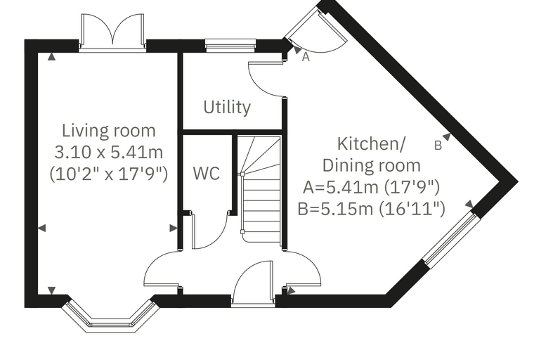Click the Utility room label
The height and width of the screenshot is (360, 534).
click(x=227, y=108)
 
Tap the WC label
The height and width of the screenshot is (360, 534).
click(x=207, y=173)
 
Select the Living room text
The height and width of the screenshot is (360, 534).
click(x=109, y=131)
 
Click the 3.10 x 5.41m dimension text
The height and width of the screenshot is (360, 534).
click(x=109, y=152)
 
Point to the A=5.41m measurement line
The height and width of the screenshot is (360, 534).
click(x=371, y=187)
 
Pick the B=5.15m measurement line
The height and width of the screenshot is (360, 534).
click(x=371, y=209)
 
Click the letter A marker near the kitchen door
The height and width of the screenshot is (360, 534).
click(x=306, y=57)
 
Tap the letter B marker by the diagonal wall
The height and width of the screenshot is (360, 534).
click(x=438, y=146)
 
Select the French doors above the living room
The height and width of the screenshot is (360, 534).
click(x=112, y=33)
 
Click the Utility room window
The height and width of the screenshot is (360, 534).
click(x=230, y=46)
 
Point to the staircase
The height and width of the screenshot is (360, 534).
click(x=261, y=189)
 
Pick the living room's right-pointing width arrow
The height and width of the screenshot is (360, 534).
click(x=174, y=228)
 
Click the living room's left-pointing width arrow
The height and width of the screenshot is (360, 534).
click(x=41, y=228)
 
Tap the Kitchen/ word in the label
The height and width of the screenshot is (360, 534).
click(x=372, y=143)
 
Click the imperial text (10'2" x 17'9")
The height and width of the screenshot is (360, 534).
click(x=109, y=174)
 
